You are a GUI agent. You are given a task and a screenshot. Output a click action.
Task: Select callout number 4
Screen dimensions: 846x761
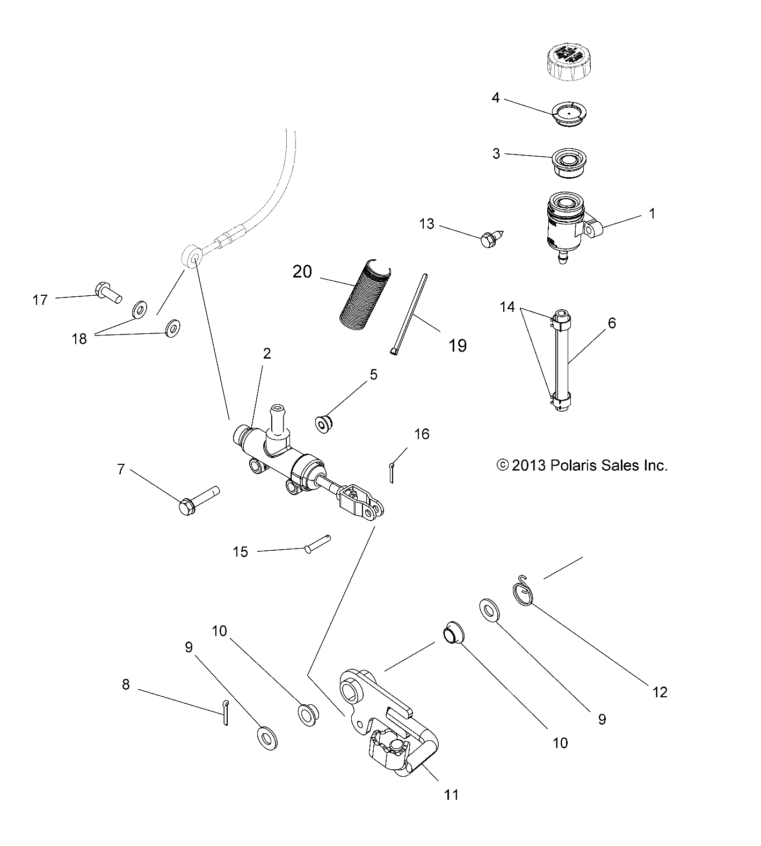(x=495, y=98)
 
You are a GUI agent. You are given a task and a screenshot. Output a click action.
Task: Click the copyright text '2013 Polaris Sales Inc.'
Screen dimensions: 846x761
(x=583, y=465)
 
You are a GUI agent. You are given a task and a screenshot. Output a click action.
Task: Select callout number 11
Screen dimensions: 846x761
(x=452, y=794)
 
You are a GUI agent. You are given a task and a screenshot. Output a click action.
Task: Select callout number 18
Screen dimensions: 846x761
(x=79, y=339)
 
